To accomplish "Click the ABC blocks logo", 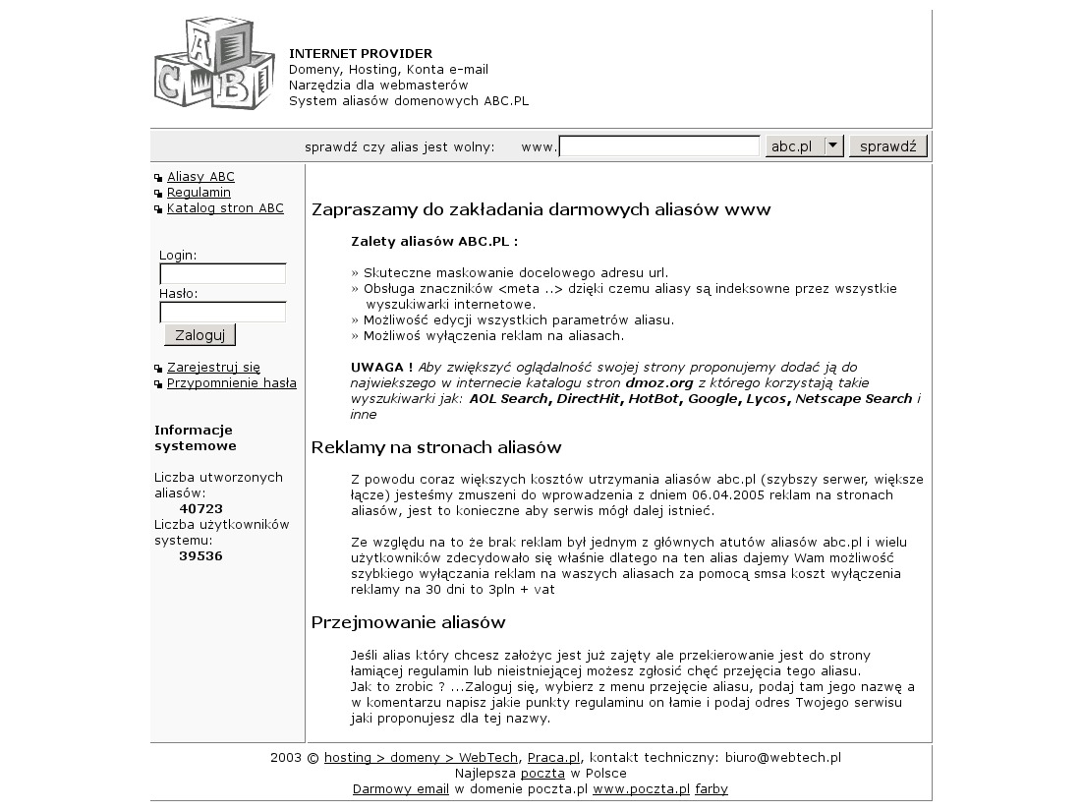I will click(213, 64).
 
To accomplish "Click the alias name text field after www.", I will click(659, 146).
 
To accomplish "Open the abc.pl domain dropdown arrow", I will click(833, 145).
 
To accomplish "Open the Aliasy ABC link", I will click(200, 177).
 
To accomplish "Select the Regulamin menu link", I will click(199, 193).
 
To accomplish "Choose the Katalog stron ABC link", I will click(225, 208).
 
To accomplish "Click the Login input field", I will click(222, 273).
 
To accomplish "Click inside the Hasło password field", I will click(222, 312).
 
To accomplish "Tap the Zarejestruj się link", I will click(213, 368).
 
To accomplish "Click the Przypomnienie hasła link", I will click(231, 383).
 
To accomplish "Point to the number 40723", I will click(200, 508).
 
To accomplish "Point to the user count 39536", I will click(200, 555).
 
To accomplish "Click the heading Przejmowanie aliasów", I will click(408, 622).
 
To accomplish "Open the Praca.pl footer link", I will click(554, 757).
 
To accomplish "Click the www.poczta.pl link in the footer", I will click(641, 788).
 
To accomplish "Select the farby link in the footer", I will click(712, 788).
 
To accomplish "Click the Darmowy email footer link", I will click(401, 788).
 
